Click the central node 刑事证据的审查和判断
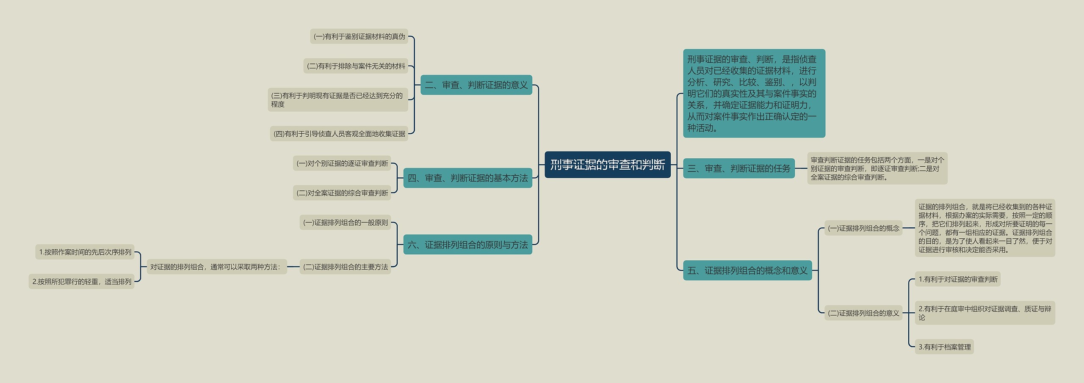[607, 165]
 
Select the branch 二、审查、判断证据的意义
[476, 85]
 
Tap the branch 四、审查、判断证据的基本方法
[467, 178]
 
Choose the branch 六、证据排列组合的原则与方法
[467, 245]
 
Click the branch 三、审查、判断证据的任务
[738, 168]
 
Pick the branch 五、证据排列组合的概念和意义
[747, 270]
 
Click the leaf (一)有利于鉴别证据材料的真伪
[359, 36]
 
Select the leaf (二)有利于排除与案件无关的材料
[356, 66]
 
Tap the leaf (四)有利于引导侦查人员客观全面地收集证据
[339, 134]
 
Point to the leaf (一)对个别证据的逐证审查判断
[342, 163]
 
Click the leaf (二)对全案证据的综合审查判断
[342, 193]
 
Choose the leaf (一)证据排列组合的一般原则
[345, 223]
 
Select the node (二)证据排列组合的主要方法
[345, 267]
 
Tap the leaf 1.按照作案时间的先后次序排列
[85, 252]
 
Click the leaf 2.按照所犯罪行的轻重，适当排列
[82, 282]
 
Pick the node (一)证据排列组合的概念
[863, 229]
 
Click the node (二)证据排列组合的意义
[863, 313]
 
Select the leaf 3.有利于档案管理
[944, 347]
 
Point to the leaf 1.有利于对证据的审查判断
[957, 279]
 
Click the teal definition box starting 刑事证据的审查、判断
[754, 94]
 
